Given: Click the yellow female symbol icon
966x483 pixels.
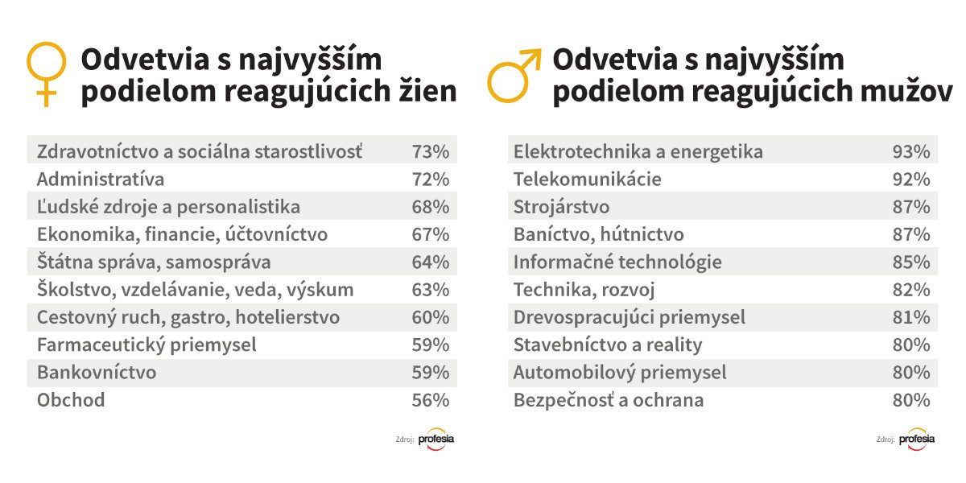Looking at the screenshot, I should point(47,73).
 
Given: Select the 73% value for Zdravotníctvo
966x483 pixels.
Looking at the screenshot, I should point(430,151).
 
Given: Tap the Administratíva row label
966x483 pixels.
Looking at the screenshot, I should point(101,179).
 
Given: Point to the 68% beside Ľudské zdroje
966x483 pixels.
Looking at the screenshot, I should point(430,207).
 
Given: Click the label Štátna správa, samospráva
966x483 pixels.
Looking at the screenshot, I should point(154,262).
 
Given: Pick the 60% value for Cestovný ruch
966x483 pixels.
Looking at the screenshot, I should point(430,317).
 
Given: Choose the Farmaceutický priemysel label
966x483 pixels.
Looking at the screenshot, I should point(147,345).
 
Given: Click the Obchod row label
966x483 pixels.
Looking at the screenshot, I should point(71,400).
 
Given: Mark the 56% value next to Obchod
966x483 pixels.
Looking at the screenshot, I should point(430,400).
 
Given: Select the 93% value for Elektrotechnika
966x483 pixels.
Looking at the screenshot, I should point(911,151).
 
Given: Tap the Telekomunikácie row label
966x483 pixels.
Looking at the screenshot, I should point(588,179).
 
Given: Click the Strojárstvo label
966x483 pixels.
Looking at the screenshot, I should point(562,207).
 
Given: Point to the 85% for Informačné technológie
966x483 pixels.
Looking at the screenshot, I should point(911,262).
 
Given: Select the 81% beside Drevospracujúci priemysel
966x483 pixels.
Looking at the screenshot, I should point(911,317).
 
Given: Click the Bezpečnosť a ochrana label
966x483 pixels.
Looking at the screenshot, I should point(609,400).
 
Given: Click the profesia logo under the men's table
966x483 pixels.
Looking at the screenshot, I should point(916,440).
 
